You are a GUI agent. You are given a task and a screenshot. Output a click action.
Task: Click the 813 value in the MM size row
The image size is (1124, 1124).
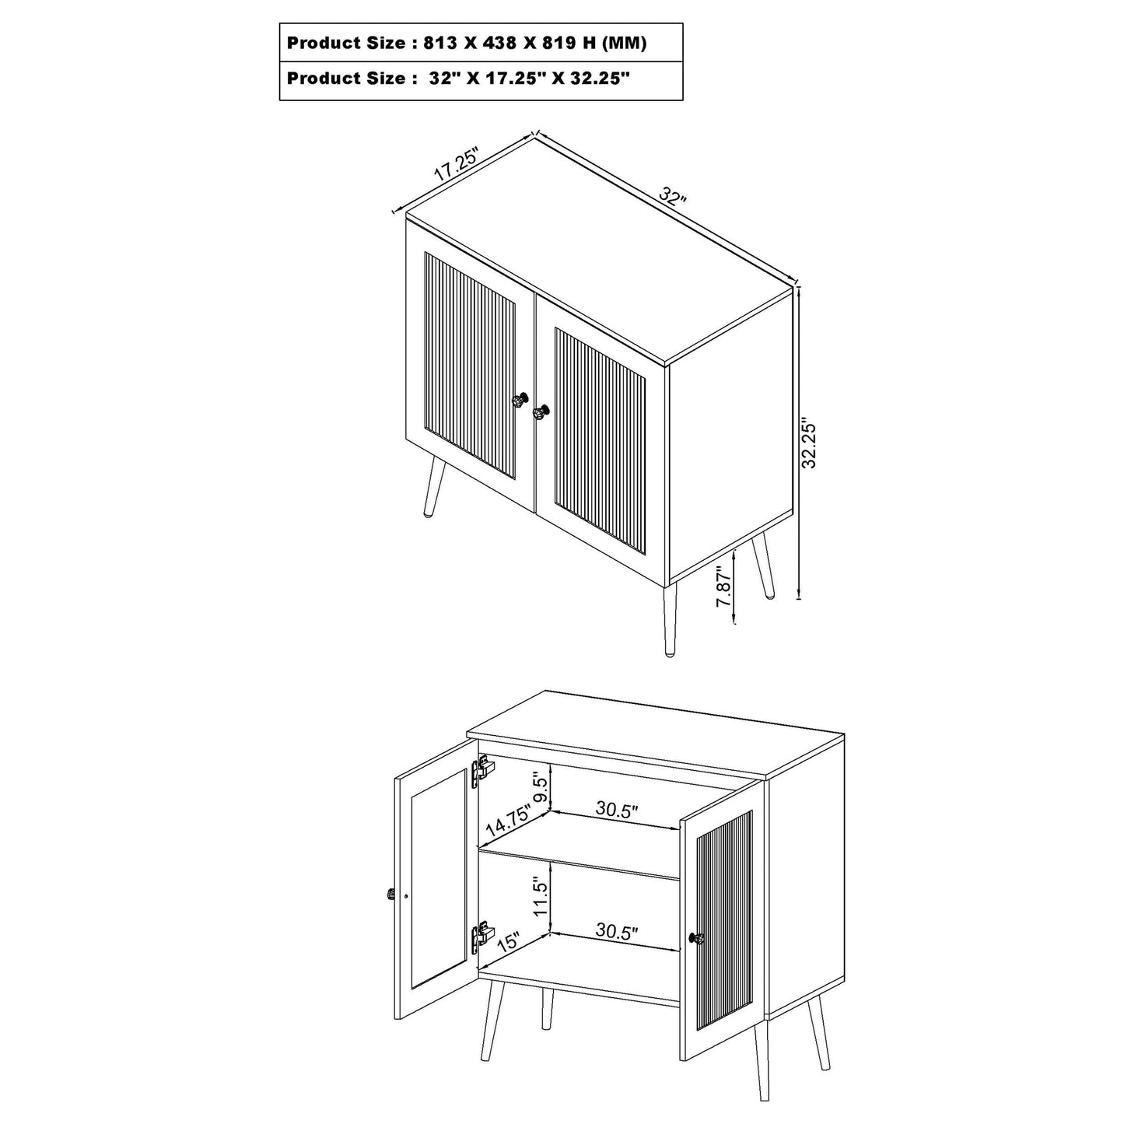pos(440,44)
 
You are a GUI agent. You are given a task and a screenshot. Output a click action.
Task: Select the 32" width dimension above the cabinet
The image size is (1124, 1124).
pos(672,195)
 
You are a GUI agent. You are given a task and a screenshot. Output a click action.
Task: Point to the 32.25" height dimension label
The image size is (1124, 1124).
pos(810,446)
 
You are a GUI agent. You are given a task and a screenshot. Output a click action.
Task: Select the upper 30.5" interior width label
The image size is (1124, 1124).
pos(618,810)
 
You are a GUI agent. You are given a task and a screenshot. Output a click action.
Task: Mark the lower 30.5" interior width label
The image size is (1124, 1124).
pos(618,932)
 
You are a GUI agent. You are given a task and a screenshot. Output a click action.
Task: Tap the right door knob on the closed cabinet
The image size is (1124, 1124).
pos(541,411)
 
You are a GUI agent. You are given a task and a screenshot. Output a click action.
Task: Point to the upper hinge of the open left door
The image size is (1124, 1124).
pos(482,770)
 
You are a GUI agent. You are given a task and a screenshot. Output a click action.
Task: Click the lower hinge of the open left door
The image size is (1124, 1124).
pos(482,933)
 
